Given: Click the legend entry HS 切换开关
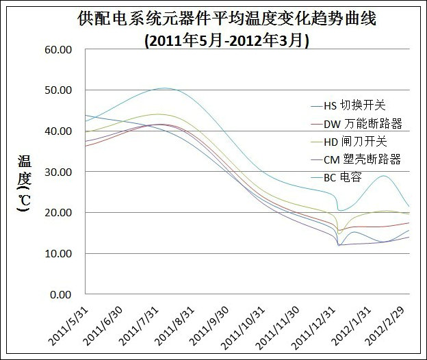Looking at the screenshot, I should coord(354,105).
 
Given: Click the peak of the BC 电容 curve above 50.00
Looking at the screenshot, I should coord(165,88).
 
